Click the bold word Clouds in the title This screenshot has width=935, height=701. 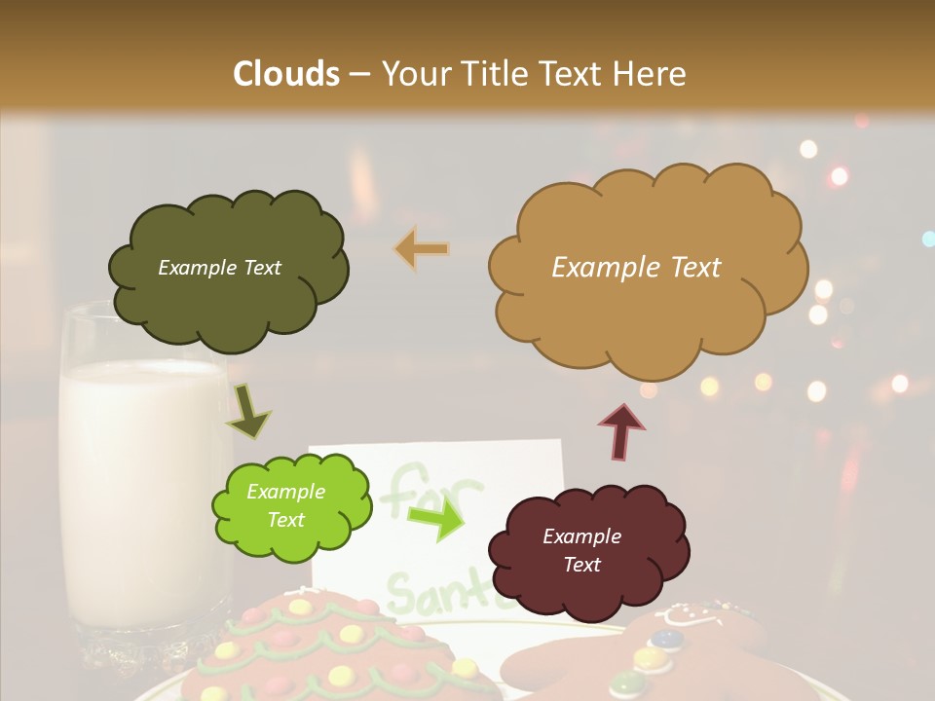click(286, 74)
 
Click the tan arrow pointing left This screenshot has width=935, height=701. click(421, 249)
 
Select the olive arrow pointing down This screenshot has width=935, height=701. click(248, 411)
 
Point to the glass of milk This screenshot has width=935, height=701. click(141, 467)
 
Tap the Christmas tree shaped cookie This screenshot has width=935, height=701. click(321, 652)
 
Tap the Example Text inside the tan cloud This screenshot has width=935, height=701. click(636, 267)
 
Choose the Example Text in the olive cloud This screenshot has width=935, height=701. click(219, 267)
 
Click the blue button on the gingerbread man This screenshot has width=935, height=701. click(666, 640)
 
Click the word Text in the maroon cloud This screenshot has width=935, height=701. click(582, 565)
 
